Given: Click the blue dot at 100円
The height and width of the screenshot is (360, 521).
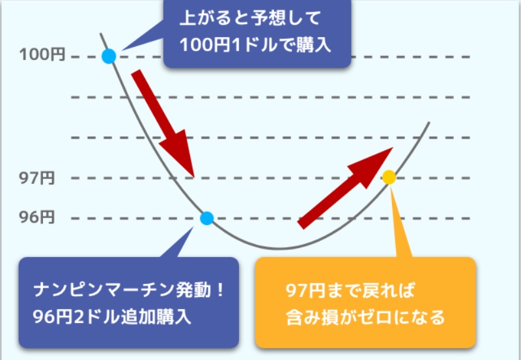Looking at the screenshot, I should click(109, 57).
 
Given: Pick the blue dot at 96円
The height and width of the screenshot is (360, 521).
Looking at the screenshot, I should click(206, 218).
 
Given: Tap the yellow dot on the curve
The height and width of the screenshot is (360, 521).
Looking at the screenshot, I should click(389, 176).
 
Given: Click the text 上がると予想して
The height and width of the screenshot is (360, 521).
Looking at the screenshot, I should click(251, 17).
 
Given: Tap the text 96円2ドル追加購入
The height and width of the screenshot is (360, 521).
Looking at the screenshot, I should click(111, 317).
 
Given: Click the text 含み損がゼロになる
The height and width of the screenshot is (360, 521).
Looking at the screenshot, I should click(365, 318).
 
